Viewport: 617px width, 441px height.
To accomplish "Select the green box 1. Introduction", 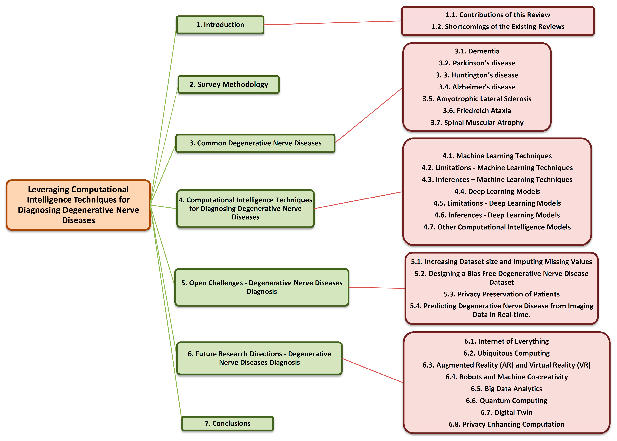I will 220,25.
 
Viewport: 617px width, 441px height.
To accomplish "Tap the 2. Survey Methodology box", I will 229,85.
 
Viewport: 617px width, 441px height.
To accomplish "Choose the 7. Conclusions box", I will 228,423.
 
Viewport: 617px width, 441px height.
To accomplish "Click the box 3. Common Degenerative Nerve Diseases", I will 255,143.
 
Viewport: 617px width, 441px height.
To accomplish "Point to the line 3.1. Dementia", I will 477,51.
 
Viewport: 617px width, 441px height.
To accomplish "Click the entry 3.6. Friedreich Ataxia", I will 477,111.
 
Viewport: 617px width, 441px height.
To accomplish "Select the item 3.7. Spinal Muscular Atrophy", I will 477,122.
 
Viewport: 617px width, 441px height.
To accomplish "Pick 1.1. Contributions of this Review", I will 498,15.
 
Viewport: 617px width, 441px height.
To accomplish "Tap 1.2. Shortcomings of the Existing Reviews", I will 498,27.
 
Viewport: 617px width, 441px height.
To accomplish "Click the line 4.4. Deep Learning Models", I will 497,191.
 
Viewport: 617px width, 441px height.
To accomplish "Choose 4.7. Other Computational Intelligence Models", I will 497,227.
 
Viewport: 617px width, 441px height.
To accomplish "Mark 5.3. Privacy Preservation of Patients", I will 501,294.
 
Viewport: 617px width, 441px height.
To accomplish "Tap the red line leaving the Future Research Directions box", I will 372,370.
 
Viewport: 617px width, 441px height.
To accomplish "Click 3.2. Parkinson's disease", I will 477,63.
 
